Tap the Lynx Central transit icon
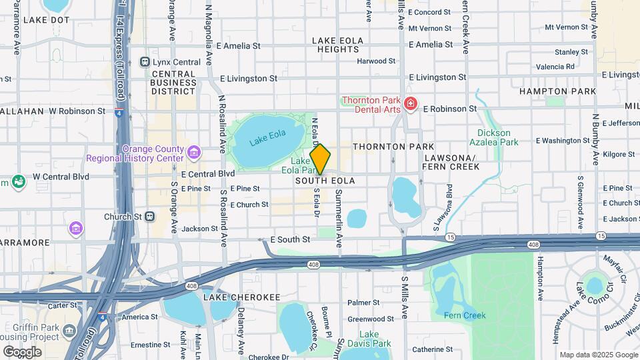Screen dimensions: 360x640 [145, 62]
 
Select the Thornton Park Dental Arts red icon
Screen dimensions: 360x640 [411, 103]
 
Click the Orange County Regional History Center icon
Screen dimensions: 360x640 [194, 153]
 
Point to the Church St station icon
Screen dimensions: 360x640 [151, 216]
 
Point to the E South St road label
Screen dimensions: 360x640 [290, 239]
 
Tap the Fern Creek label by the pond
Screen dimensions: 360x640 [465, 315]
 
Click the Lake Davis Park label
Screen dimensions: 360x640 [374, 339]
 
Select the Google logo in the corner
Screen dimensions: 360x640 [22, 351]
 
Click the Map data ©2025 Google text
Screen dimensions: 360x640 [598, 355]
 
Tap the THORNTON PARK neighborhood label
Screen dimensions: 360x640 [393, 146]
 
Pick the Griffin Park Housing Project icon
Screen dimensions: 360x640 [69, 330]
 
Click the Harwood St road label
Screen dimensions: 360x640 [376, 61]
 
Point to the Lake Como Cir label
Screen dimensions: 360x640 [593, 292]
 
